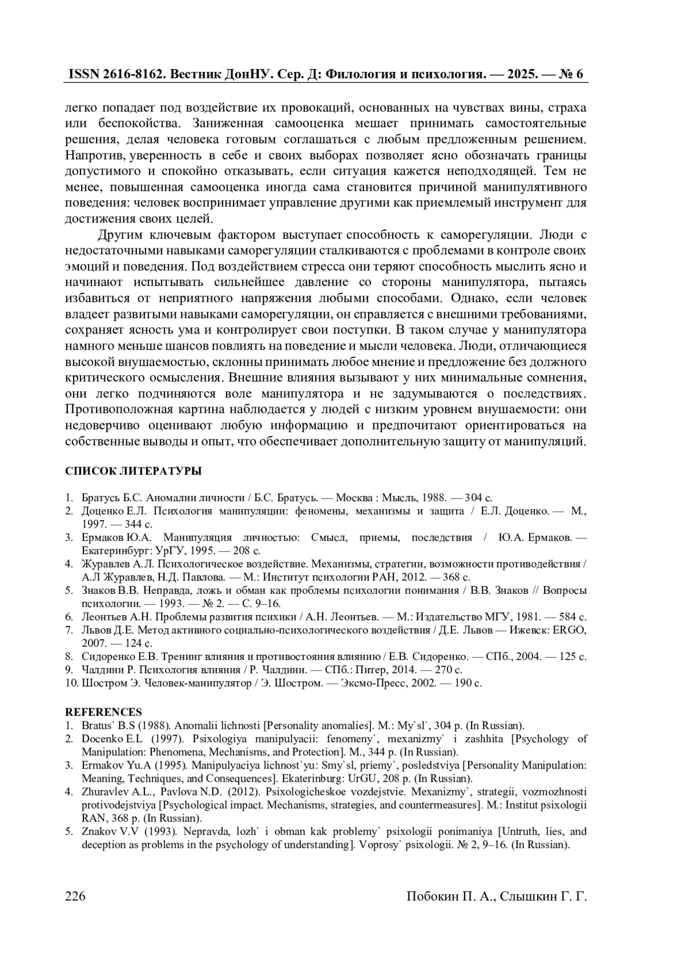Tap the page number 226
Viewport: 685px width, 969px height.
point(75,896)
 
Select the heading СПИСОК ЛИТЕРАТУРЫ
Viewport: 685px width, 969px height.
point(133,472)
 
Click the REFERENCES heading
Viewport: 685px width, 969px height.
point(103,712)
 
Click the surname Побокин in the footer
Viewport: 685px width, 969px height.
point(432,896)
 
